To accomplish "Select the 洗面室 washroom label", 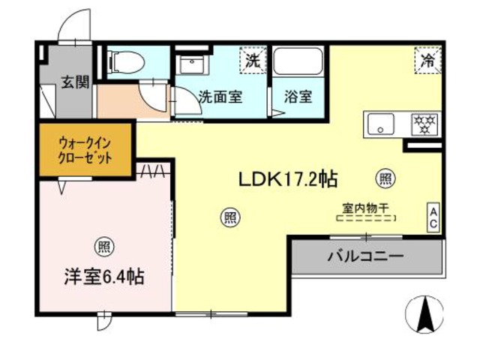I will click(220, 97).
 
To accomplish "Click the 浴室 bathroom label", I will click(298, 97).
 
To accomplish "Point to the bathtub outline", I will click(298, 61).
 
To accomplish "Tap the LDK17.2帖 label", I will click(287, 180).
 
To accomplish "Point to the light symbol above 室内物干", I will click(385, 179).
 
